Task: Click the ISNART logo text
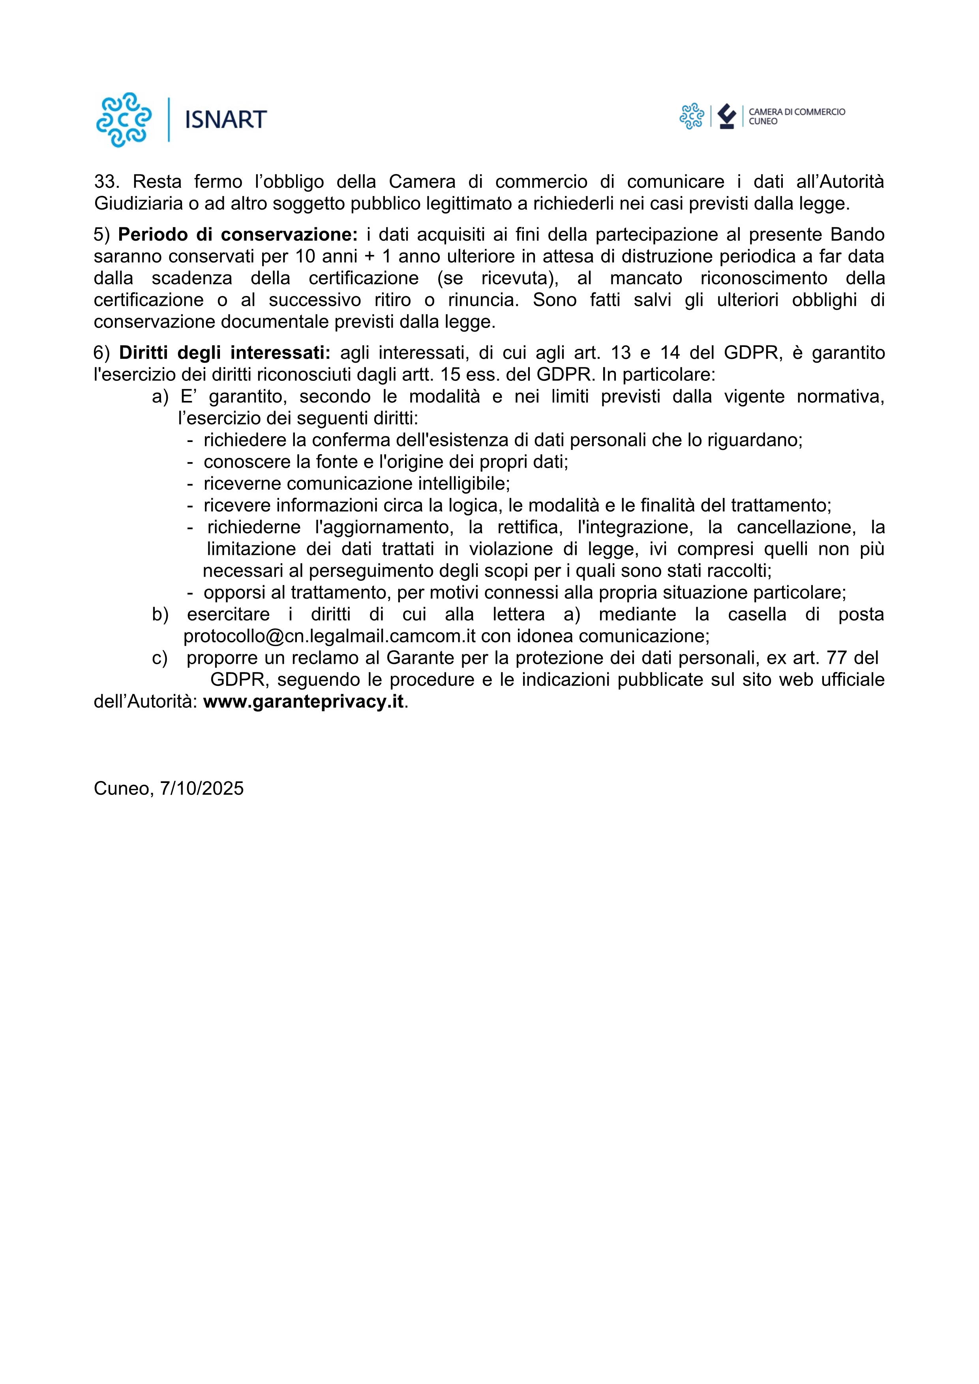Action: point(225,120)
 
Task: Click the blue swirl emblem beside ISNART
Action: point(124,120)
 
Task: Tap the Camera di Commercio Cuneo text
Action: point(796,116)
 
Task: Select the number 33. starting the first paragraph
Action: point(107,182)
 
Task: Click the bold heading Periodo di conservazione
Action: point(238,234)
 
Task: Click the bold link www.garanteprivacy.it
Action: point(303,702)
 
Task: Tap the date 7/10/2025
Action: point(202,788)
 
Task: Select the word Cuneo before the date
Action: point(122,788)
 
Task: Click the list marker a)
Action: point(160,397)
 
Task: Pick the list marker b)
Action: point(160,614)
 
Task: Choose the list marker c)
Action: point(160,657)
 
